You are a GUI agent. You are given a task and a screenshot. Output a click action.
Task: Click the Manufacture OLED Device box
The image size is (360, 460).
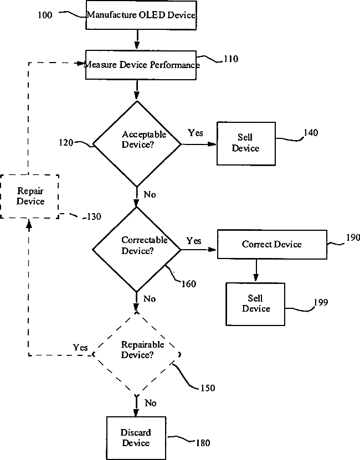141,15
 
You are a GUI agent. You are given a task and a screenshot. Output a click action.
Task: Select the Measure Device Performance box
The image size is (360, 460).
141,65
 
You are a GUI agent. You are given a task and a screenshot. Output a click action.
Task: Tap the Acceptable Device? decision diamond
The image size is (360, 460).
137,144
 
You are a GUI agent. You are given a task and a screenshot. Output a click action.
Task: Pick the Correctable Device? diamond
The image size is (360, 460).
137,250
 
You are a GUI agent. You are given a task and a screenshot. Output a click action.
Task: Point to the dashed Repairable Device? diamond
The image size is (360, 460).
137,354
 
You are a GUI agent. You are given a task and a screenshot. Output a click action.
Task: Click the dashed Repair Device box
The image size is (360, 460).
29,197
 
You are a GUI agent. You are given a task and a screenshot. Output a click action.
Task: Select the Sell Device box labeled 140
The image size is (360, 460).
246,143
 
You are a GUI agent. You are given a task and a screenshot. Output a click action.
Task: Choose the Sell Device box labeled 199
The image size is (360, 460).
255,304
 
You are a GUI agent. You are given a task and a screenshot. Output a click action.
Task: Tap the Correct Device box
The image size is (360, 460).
272,244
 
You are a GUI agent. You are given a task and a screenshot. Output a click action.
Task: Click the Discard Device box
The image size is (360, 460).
136,438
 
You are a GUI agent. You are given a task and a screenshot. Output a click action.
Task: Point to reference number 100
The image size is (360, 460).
45,15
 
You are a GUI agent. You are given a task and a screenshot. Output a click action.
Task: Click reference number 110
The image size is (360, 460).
231,59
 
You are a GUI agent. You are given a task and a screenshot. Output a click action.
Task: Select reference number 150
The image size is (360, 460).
208,388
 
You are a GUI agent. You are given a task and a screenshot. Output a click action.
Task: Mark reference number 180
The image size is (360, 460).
203,443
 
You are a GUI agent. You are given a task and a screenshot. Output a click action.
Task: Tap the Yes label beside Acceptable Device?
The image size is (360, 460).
196,133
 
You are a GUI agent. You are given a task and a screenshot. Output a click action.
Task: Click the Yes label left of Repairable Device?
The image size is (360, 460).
80,347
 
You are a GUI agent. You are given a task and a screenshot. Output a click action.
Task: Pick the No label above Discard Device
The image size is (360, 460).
150,403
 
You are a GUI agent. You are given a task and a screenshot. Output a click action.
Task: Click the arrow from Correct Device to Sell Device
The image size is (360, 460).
256,270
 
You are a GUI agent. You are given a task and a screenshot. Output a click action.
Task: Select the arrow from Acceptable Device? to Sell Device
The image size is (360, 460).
199,144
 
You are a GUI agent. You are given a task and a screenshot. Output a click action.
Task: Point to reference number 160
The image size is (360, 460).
189,283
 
